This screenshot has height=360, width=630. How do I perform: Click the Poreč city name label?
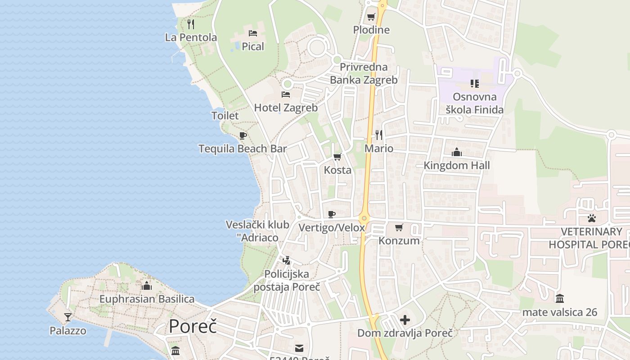pyautogui.click(x=193, y=326)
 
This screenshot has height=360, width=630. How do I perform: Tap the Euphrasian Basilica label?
pyautogui.click(x=147, y=299)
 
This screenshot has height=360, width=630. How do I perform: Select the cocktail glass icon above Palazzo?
pyautogui.click(x=68, y=317)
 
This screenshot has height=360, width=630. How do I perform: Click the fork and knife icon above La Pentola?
pyautogui.click(x=191, y=24)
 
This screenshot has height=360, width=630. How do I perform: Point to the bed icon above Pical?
pyautogui.click(x=253, y=33)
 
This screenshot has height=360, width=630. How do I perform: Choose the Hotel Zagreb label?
pyautogui.click(x=286, y=108)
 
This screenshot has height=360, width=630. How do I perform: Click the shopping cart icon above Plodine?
pyautogui.click(x=371, y=17)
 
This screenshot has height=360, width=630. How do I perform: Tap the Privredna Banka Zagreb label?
pyautogui.click(x=364, y=74)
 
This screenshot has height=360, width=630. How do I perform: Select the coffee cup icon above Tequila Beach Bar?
pyautogui.click(x=243, y=135)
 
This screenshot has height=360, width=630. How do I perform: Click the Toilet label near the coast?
pyautogui.click(x=225, y=116)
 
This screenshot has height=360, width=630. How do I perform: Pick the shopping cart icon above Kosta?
pyautogui.click(x=337, y=157)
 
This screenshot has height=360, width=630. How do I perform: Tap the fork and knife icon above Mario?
pyautogui.click(x=379, y=135)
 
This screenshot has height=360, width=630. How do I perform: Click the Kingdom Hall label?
pyautogui.click(x=456, y=166)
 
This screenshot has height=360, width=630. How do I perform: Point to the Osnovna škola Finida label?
pyautogui.click(x=474, y=103)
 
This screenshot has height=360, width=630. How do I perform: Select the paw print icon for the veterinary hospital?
pyautogui.click(x=591, y=218)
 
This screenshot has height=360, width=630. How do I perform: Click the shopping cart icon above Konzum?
pyautogui.click(x=399, y=227)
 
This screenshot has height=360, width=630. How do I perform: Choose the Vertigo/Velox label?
pyautogui.click(x=332, y=228)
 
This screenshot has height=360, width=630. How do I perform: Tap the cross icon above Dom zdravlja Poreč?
pyautogui.click(x=405, y=320)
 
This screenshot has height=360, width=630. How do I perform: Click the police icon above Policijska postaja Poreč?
pyautogui.click(x=286, y=260)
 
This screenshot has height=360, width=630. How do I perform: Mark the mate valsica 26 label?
pyautogui.click(x=559, y=312)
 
